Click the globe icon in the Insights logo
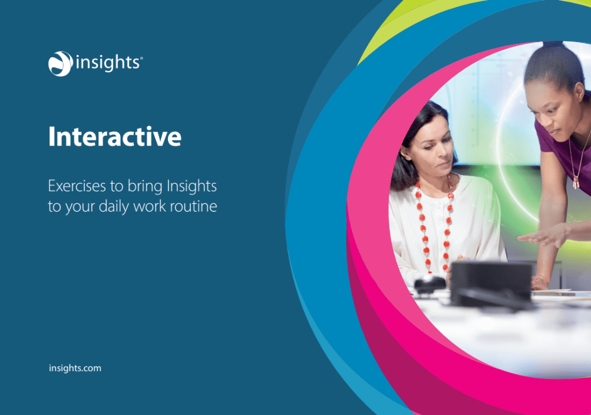tap(60, 64)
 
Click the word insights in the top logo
tap(108, 62)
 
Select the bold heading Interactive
tap(115, 136)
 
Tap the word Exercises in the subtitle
tap(77, 186)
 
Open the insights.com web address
tap(75, 368)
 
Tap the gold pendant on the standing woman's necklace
tap(575, 183)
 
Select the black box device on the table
tap(492, 284)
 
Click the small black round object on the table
tap(430, 284)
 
